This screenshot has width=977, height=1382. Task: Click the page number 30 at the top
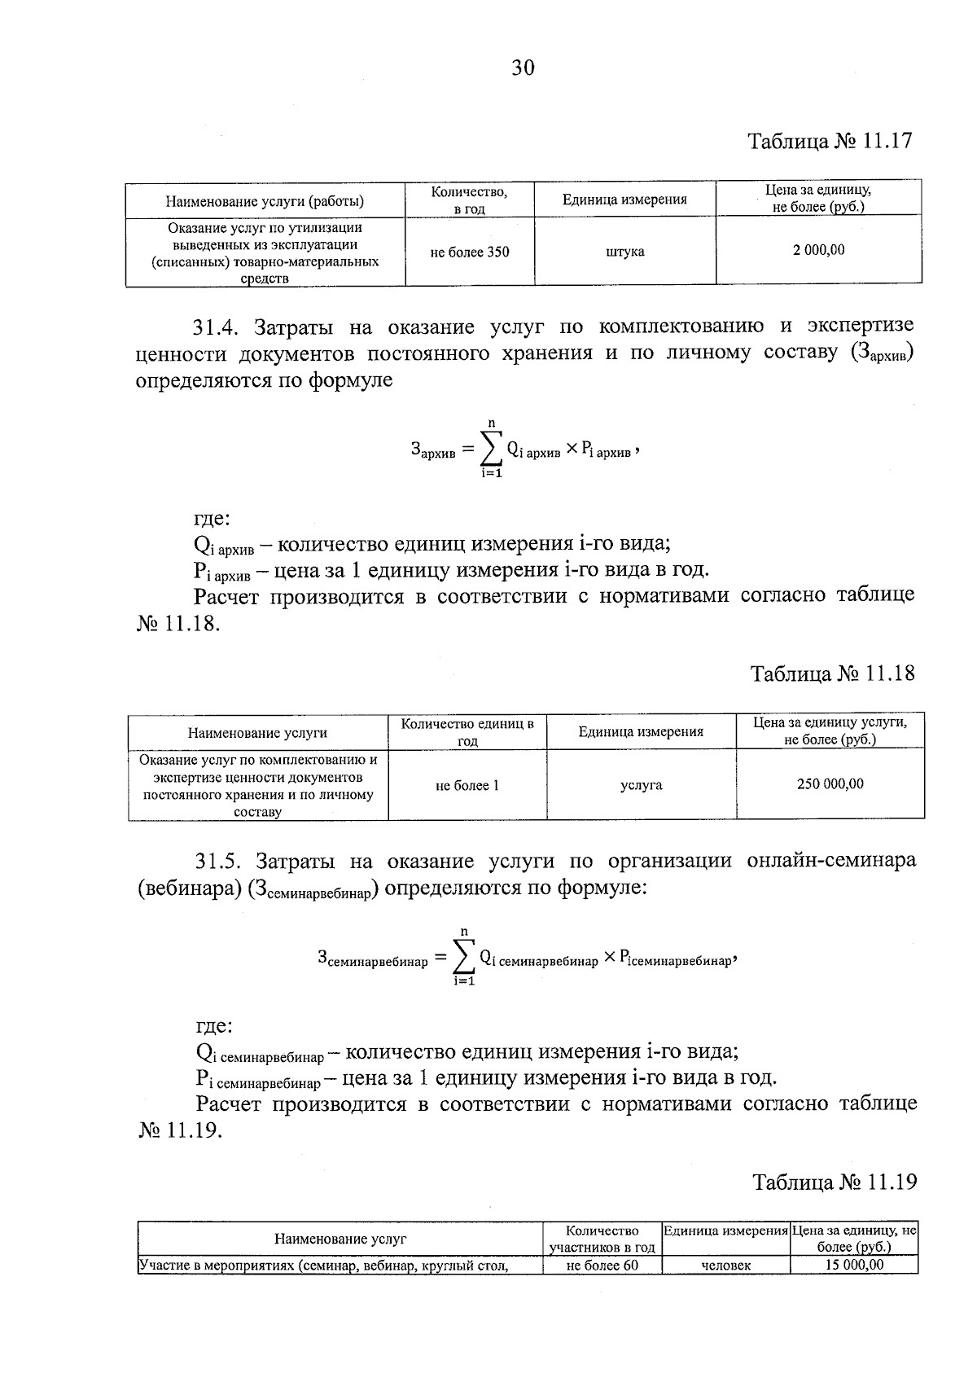point(523,68)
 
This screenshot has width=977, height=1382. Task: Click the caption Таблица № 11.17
point(830,141)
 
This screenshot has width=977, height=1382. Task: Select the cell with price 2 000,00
point(818,250)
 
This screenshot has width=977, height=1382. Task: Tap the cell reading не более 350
point(470,252)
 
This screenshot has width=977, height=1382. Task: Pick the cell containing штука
point(624,252)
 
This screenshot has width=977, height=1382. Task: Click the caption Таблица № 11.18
point(832,673)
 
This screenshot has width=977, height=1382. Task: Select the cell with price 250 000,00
point(830,784)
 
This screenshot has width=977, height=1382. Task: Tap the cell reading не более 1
point(467,786)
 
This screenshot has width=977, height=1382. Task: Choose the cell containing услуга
point(641,785)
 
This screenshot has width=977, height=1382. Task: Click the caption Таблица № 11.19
point(835,1182)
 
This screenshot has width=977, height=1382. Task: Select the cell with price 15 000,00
point(853,1265)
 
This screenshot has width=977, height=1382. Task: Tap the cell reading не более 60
point(602,1265)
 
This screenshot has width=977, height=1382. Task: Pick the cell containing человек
point(725,1265)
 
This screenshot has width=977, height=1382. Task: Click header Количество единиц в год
point(467,731)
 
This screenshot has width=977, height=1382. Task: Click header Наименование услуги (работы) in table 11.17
point(265,200)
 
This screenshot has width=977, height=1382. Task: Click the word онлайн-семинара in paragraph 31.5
point(830,861)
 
